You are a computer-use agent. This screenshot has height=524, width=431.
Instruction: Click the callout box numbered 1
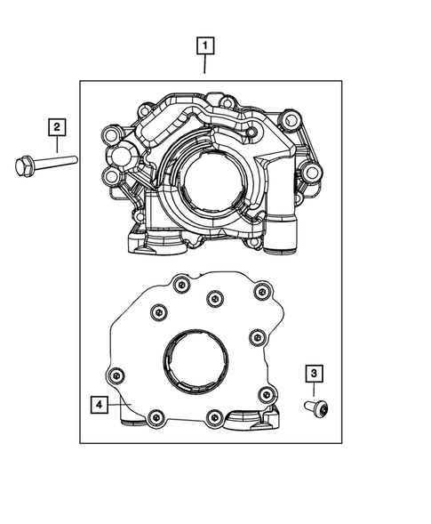206,44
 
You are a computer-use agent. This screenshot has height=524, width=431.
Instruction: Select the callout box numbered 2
55,128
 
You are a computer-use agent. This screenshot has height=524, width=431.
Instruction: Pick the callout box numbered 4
99,405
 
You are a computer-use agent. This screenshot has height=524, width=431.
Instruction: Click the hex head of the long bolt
24,165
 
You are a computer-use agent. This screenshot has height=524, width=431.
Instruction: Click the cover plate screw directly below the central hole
213,416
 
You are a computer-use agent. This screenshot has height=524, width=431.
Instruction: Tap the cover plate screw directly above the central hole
213,298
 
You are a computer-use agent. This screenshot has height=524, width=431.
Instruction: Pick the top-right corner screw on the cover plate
260,291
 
